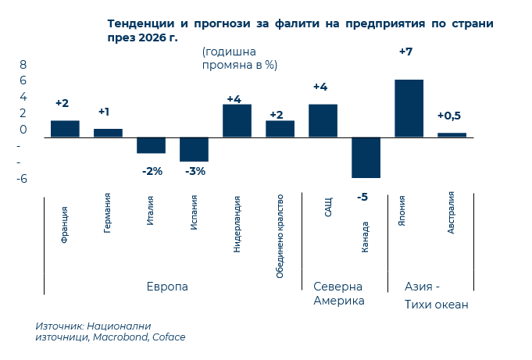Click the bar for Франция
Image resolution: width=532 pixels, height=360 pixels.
[65, 129]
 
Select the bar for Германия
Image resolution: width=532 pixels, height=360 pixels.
[108, 133]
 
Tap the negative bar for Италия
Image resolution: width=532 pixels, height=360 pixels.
[151, 145]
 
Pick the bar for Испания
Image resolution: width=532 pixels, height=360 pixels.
[194, 149]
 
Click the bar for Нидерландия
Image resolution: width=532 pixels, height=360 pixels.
[237, 121]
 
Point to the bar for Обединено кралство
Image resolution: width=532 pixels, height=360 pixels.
[280, 129]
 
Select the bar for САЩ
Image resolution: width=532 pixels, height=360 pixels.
[323, 121]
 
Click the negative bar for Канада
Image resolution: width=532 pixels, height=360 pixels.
[366, 158]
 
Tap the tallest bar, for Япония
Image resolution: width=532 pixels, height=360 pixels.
[409, 109]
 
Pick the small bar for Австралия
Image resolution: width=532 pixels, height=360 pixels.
[452, 135]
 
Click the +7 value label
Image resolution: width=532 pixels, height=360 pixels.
[405, 52]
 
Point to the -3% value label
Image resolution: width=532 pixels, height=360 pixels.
[195, 171]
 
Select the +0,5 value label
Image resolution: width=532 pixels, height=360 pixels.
[449, 116]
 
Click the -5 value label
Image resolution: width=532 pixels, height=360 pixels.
[362, 198]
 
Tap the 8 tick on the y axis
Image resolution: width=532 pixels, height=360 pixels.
[23, 64]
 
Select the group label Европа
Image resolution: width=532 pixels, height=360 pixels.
[167, 287]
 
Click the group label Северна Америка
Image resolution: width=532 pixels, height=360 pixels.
[339, 294]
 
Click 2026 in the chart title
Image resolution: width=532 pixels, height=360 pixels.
[153, 37]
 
